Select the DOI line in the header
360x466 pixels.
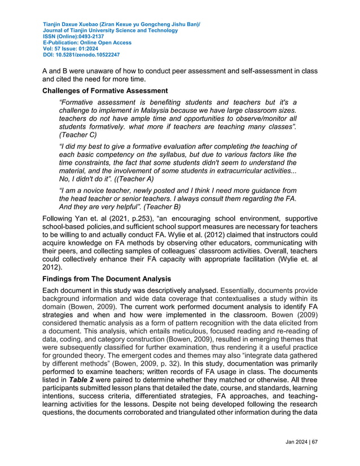pos(81,55)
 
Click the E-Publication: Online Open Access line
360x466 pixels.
pos(87,43)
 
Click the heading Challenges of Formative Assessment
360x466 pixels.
pos(105,91)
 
